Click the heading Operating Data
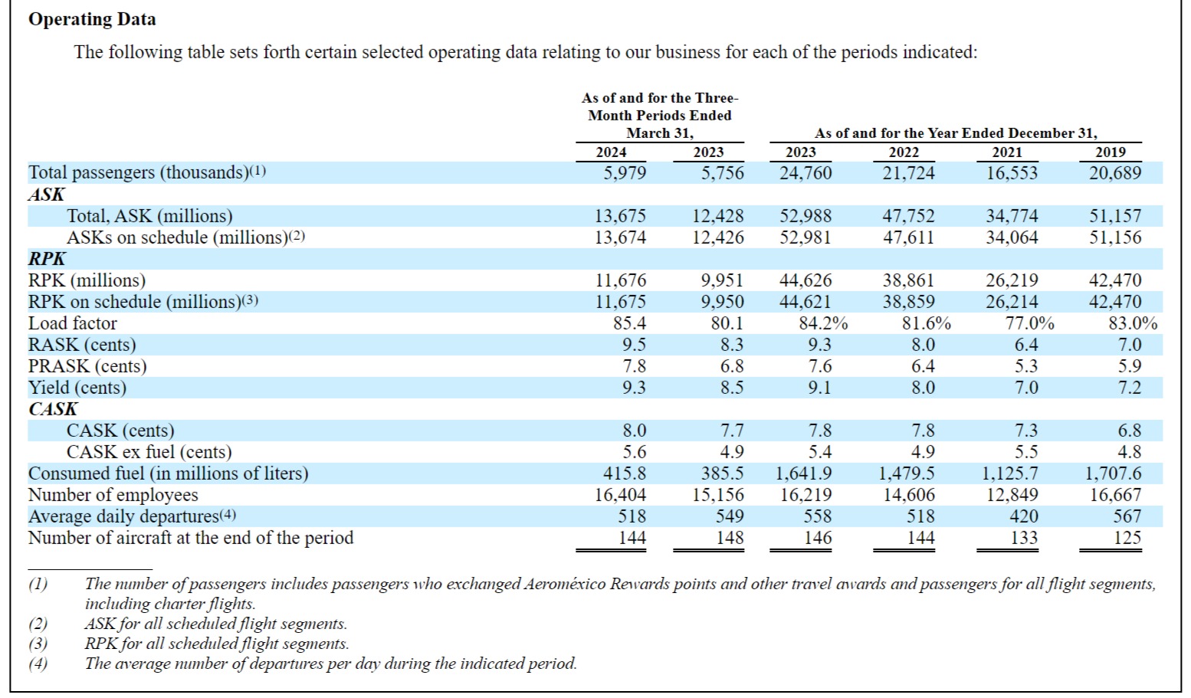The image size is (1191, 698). [92, 19]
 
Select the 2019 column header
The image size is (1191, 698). [1111, 152]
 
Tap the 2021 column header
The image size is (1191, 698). [1007, 152]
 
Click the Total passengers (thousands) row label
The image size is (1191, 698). [146, 172]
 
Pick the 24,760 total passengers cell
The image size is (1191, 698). [805, 173]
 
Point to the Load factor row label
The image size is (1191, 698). [72, 323]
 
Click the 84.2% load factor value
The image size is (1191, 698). [823, 323]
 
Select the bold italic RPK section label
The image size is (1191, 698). [47, 259]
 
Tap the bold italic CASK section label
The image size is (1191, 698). [53, 409]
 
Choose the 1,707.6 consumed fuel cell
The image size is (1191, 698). [1113, 474]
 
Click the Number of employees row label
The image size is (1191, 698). [113, 495]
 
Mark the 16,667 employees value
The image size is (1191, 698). [1115, 495]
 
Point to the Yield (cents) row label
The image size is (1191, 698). [77, 388]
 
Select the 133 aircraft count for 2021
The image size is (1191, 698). [1023, 538]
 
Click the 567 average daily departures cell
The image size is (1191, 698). [1127, 516]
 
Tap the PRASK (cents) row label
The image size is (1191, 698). [87, 366]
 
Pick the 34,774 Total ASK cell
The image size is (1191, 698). [1012, 216]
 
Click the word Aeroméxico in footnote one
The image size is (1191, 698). [565, 585]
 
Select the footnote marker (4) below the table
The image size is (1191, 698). [38, 664]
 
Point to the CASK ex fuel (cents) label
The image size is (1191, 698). [149, 452]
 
